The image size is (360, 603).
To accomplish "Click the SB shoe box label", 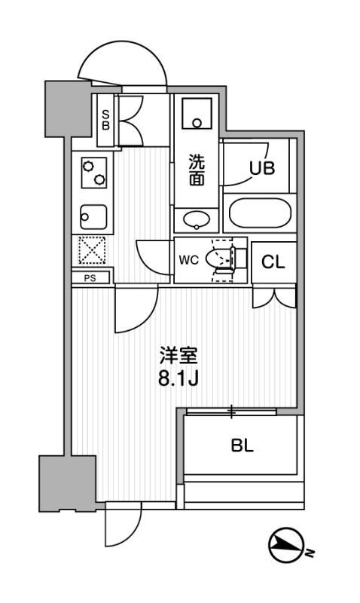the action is click(105, 120).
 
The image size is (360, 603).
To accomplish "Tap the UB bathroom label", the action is click(262, 168).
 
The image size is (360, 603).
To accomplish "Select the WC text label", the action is click(188, 260).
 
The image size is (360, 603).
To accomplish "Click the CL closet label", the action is click(273, 262).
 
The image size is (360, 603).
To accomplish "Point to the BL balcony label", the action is click(243, 445).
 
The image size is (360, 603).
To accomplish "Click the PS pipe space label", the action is click(90, 278).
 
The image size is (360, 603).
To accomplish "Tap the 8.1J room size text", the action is click(178, 380).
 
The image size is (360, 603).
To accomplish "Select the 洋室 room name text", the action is click(178, 356).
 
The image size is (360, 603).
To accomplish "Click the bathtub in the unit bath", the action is click(260, 213).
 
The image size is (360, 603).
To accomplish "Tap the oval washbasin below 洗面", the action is click(197, 220).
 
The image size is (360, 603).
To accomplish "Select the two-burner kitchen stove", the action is click(94, 173).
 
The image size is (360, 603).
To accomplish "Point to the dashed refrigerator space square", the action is click(92, 250).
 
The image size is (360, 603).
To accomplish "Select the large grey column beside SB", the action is click(68, 109).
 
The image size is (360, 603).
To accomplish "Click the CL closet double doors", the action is click(274, 298).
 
